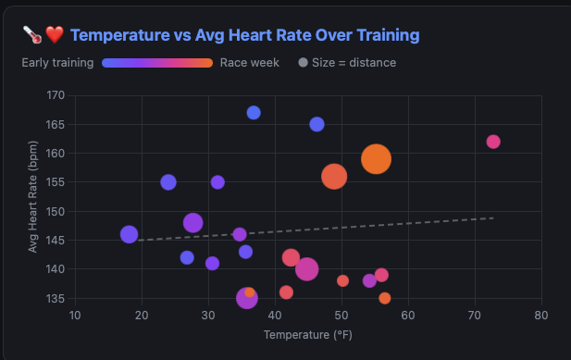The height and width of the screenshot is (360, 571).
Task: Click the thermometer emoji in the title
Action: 32,35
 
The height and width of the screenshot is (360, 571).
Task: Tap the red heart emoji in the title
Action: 55,35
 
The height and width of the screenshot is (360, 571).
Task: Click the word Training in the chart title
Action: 388,35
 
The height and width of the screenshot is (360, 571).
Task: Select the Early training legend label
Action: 57,63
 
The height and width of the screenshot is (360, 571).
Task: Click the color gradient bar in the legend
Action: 157,63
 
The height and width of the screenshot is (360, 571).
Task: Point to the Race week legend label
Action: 250,63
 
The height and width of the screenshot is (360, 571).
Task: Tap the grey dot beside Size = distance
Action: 303,63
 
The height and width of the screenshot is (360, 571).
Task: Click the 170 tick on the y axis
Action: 56,95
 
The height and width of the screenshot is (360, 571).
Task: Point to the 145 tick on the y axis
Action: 56,241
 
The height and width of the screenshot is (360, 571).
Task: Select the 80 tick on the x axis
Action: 541,316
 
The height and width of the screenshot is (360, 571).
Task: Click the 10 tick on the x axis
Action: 75,316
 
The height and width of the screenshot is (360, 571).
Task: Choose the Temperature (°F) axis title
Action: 308,335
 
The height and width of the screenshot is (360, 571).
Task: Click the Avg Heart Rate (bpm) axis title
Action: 32,196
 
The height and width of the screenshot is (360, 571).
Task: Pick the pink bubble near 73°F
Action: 493,142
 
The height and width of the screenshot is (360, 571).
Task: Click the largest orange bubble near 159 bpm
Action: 376,159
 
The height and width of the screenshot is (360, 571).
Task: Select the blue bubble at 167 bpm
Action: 254,113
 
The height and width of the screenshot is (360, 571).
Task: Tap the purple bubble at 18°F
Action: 129,234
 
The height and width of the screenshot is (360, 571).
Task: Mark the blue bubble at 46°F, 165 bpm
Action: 317,125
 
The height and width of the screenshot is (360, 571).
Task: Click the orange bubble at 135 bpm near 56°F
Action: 385,298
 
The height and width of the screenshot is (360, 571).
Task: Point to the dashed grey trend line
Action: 316,230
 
